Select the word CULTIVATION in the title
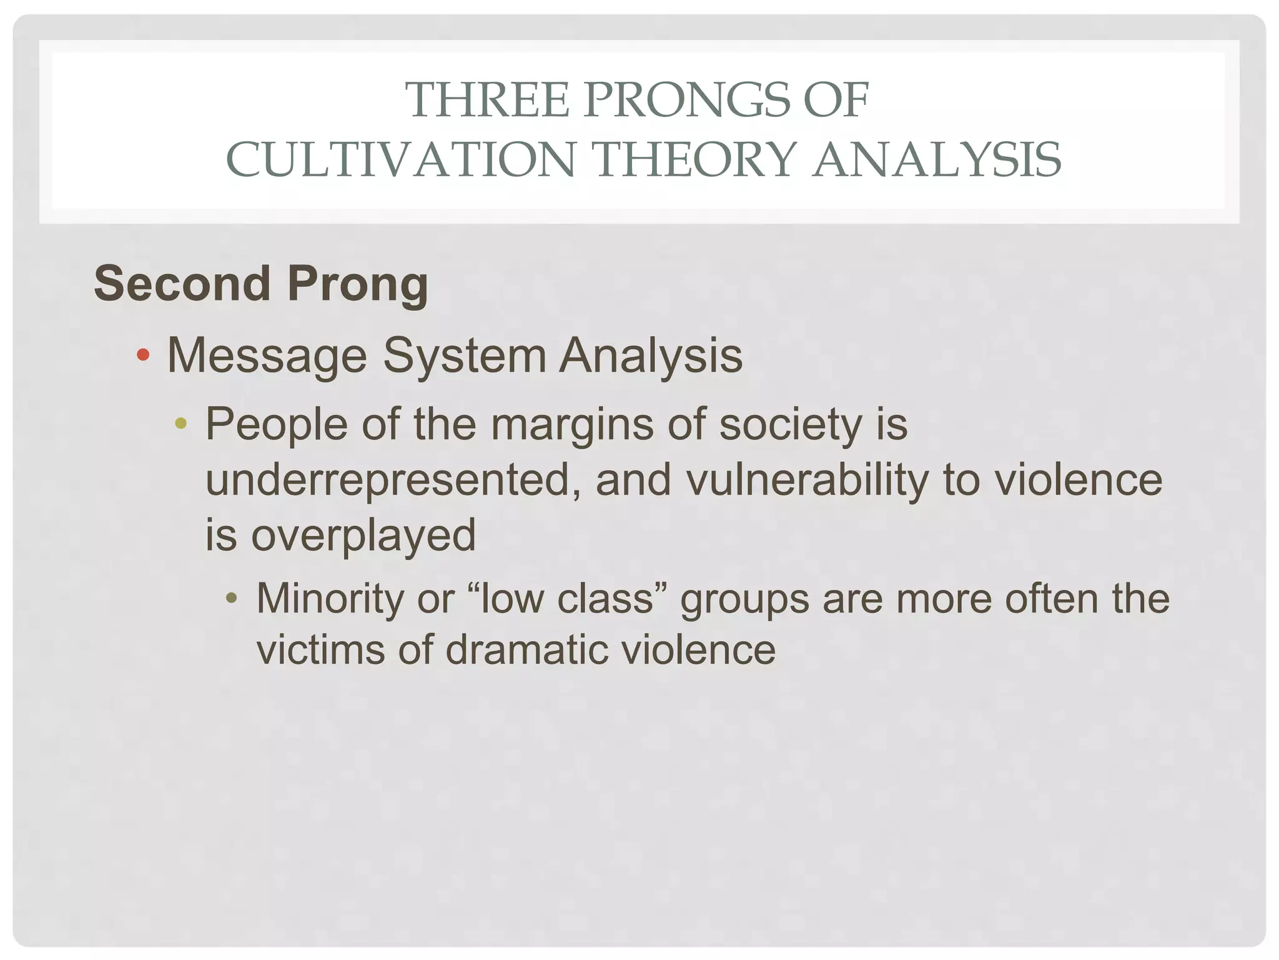(x=400, y=160)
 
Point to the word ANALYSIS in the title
(x=936, y=160)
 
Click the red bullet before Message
(x=143, y=356)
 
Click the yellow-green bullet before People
(x=181, y=424)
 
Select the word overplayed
(x=363, y=536)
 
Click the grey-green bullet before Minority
(x=232, y=599)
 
